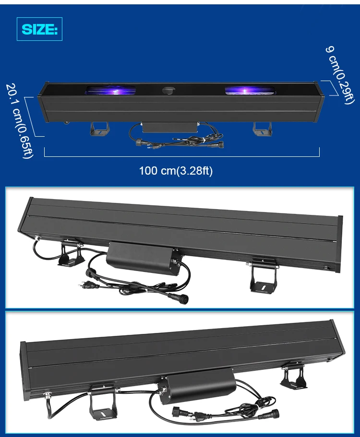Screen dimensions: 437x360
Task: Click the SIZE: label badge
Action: click(x=40, y=30)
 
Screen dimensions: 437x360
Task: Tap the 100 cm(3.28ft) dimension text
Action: click(x=176, y=171)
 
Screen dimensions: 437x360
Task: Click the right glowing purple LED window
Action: click(x=250, y=90)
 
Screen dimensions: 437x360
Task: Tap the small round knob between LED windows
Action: click(x=168, y=90)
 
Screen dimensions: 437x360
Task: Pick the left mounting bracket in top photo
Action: click(x=99, y=128)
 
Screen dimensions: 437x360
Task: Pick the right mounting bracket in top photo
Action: click(x=262, y=128)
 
